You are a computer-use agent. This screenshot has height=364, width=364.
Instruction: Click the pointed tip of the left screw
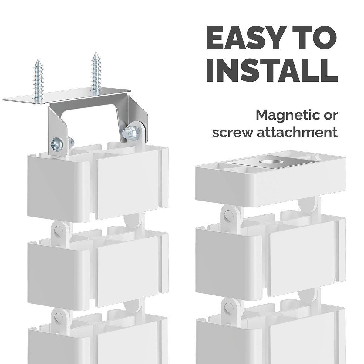pos(38,59)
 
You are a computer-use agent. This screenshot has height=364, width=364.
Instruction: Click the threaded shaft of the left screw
pos(39,81)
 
